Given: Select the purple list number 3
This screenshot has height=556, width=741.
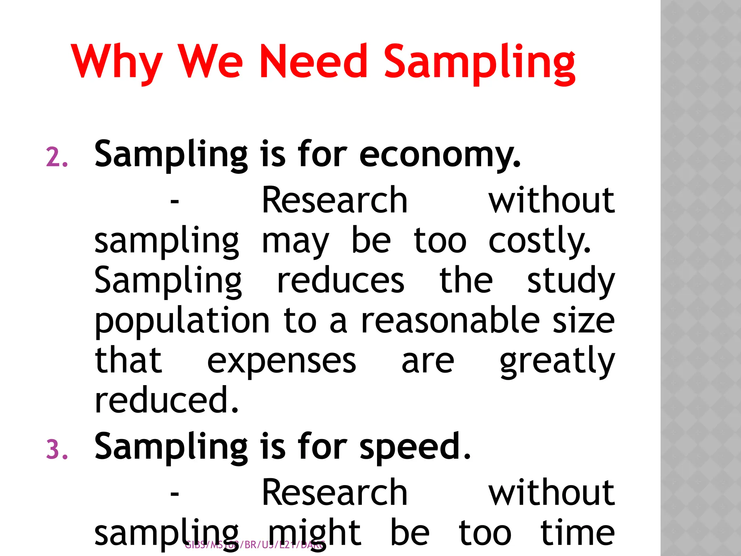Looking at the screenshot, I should click(x=57, y=451).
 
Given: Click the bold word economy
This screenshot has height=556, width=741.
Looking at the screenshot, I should click(x=440, y=156).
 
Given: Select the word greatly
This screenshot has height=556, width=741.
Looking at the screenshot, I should click(x=557, y=362).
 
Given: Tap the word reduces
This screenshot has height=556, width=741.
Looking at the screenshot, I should click(x=340, y=281).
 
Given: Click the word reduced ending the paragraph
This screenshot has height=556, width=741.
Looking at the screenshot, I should click(x=166, y=400).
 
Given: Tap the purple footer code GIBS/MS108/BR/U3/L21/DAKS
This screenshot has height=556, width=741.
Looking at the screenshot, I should click(x=255, y=545).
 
